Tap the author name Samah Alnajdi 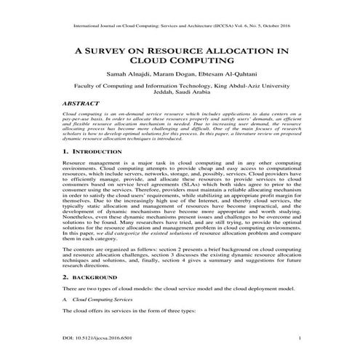[x=129, y=75]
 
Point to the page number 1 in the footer [x=300, y=339]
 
